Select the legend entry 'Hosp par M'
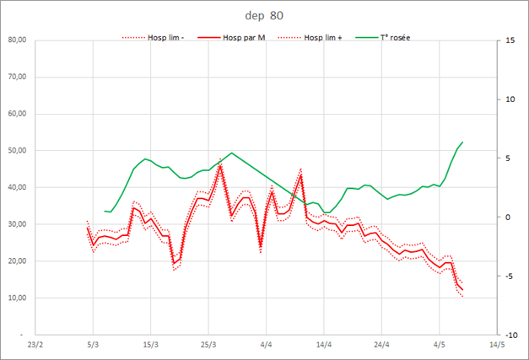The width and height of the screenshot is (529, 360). pyautogui.click(x=245, y=38)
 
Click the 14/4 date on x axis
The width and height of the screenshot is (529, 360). pyautogui.click(x=323, y=345)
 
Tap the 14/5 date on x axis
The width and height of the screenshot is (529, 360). pyautogui.click(x=496, y=345)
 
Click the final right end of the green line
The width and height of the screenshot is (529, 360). pyautogui.click(x=462, y=142)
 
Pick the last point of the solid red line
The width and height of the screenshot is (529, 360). pyautogui.click(x=462, y=290)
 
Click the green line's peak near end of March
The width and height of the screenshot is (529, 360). pyautogui.click(x=232, y=153)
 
